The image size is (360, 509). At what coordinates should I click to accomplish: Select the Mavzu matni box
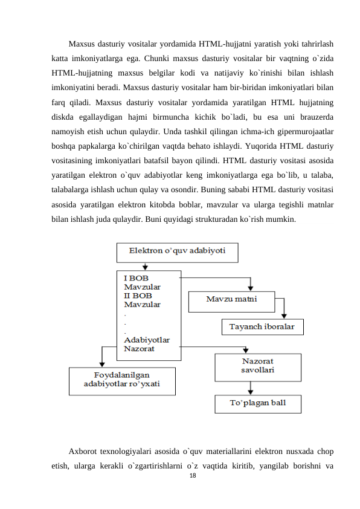pos(232,299)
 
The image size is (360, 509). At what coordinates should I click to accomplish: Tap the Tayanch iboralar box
pos(261,327)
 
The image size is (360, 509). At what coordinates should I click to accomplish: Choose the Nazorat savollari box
pos(258,367)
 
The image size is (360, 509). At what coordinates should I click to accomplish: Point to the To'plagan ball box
pos(258,403)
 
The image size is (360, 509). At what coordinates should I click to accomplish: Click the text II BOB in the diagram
pos(138,296)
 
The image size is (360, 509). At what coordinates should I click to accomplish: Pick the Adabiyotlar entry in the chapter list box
pos(146,340)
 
